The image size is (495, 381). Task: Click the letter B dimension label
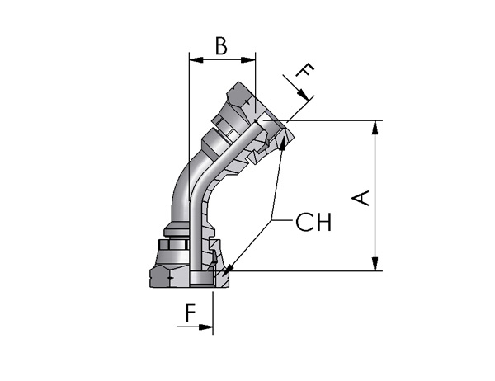pyautogui.click(x=221, y=46)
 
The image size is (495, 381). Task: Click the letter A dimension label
pyautogui.click(x=361, y=198)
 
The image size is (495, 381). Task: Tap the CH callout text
pyautogui.click(x=313, y=222)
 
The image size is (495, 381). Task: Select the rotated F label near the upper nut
pyautogui.click(x=305, y=70)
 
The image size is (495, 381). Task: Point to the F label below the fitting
pyautogui.click(x=191, y=313)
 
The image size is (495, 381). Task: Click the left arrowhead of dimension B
pyautogui.click(x=196, y=59)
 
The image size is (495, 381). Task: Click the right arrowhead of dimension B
pyautogui.click(x=248, y=59)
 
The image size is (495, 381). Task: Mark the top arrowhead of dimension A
pyautogui.click(x=375, y=128)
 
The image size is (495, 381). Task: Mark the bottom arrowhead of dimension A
pyautogui.click(x=375, y=264)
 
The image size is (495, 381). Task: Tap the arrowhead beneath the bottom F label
pyautogui.click(x=205, y=327)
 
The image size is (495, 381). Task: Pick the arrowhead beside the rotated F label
pyautogui.click(x=304, y=95)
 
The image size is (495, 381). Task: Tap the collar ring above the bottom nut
pyautogui.click(x=177, y=229)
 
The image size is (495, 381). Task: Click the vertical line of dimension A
pyautogui.click(x=375, y=195)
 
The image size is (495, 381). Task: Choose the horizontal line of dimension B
pyautogui.click(x=222, y=59)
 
